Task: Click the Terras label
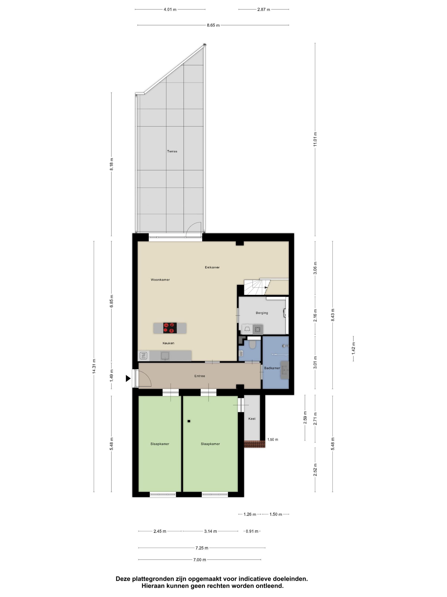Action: point(172,151)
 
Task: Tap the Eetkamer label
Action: point(212,267)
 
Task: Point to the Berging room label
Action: point(262,313)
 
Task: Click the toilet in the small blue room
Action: point(252,345)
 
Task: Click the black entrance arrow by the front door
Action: point(128,378)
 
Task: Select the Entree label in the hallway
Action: point(200,376)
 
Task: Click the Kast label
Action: point(252,419)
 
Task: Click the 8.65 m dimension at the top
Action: point(213,25)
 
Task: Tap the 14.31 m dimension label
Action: point(94,366)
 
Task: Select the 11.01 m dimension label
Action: point(315,139)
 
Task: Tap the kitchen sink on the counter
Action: point(165,355)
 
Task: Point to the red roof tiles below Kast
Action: point(254,444)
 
